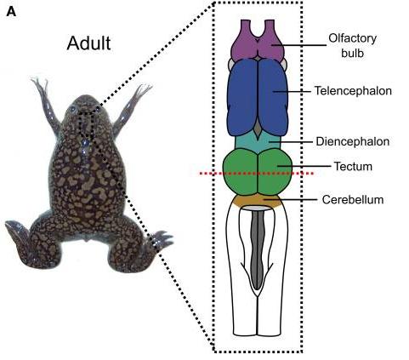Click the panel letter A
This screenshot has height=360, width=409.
click(x=11, y=11)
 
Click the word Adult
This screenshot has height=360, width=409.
click(x=88, y=43)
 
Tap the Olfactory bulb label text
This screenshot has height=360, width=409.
click(x=353, y=45)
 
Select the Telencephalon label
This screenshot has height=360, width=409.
click(x=353, y=91)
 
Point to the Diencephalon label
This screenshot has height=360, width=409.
click(x=353, y=141)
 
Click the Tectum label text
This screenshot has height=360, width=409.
click(x=353, y=166)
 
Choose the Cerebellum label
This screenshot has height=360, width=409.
click(x=353, y=199)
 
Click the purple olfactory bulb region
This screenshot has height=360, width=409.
click(x=258, y=41)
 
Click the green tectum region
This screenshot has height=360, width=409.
click(x=258, y=171)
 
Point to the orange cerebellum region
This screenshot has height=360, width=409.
click(x=258, y=201)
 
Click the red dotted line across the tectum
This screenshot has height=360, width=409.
click(x=257, y=173)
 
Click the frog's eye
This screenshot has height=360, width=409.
click(x=73, y=109)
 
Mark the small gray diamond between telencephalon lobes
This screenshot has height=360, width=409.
click(x=258, y=129)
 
